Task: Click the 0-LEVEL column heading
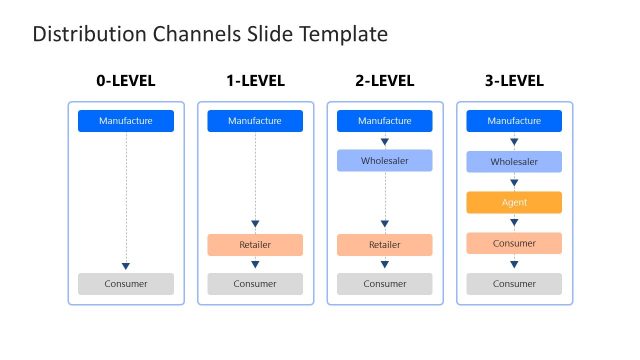point(126,81)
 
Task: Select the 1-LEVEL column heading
point(255,81)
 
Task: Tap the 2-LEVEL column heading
point(385,81)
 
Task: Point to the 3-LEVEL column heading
point(514,81)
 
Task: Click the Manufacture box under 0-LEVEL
point(126,121)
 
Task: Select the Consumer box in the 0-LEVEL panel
point(126,284)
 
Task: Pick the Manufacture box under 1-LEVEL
point(255,121)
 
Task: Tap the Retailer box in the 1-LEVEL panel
point(255,245)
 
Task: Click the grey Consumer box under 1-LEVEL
point(255,284)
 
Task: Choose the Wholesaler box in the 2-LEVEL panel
point(385,160)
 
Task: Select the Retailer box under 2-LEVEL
point(385,245)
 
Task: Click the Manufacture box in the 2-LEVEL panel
point(385,121)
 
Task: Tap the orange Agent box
point(514,202)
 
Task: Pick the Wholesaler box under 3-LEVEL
point(514,161)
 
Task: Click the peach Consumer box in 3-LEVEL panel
point(514,243)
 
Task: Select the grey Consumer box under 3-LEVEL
point(514,284)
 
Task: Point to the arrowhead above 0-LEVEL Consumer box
point(126,266)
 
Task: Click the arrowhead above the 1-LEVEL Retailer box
point(255,225)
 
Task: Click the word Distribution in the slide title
point(78,35)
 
